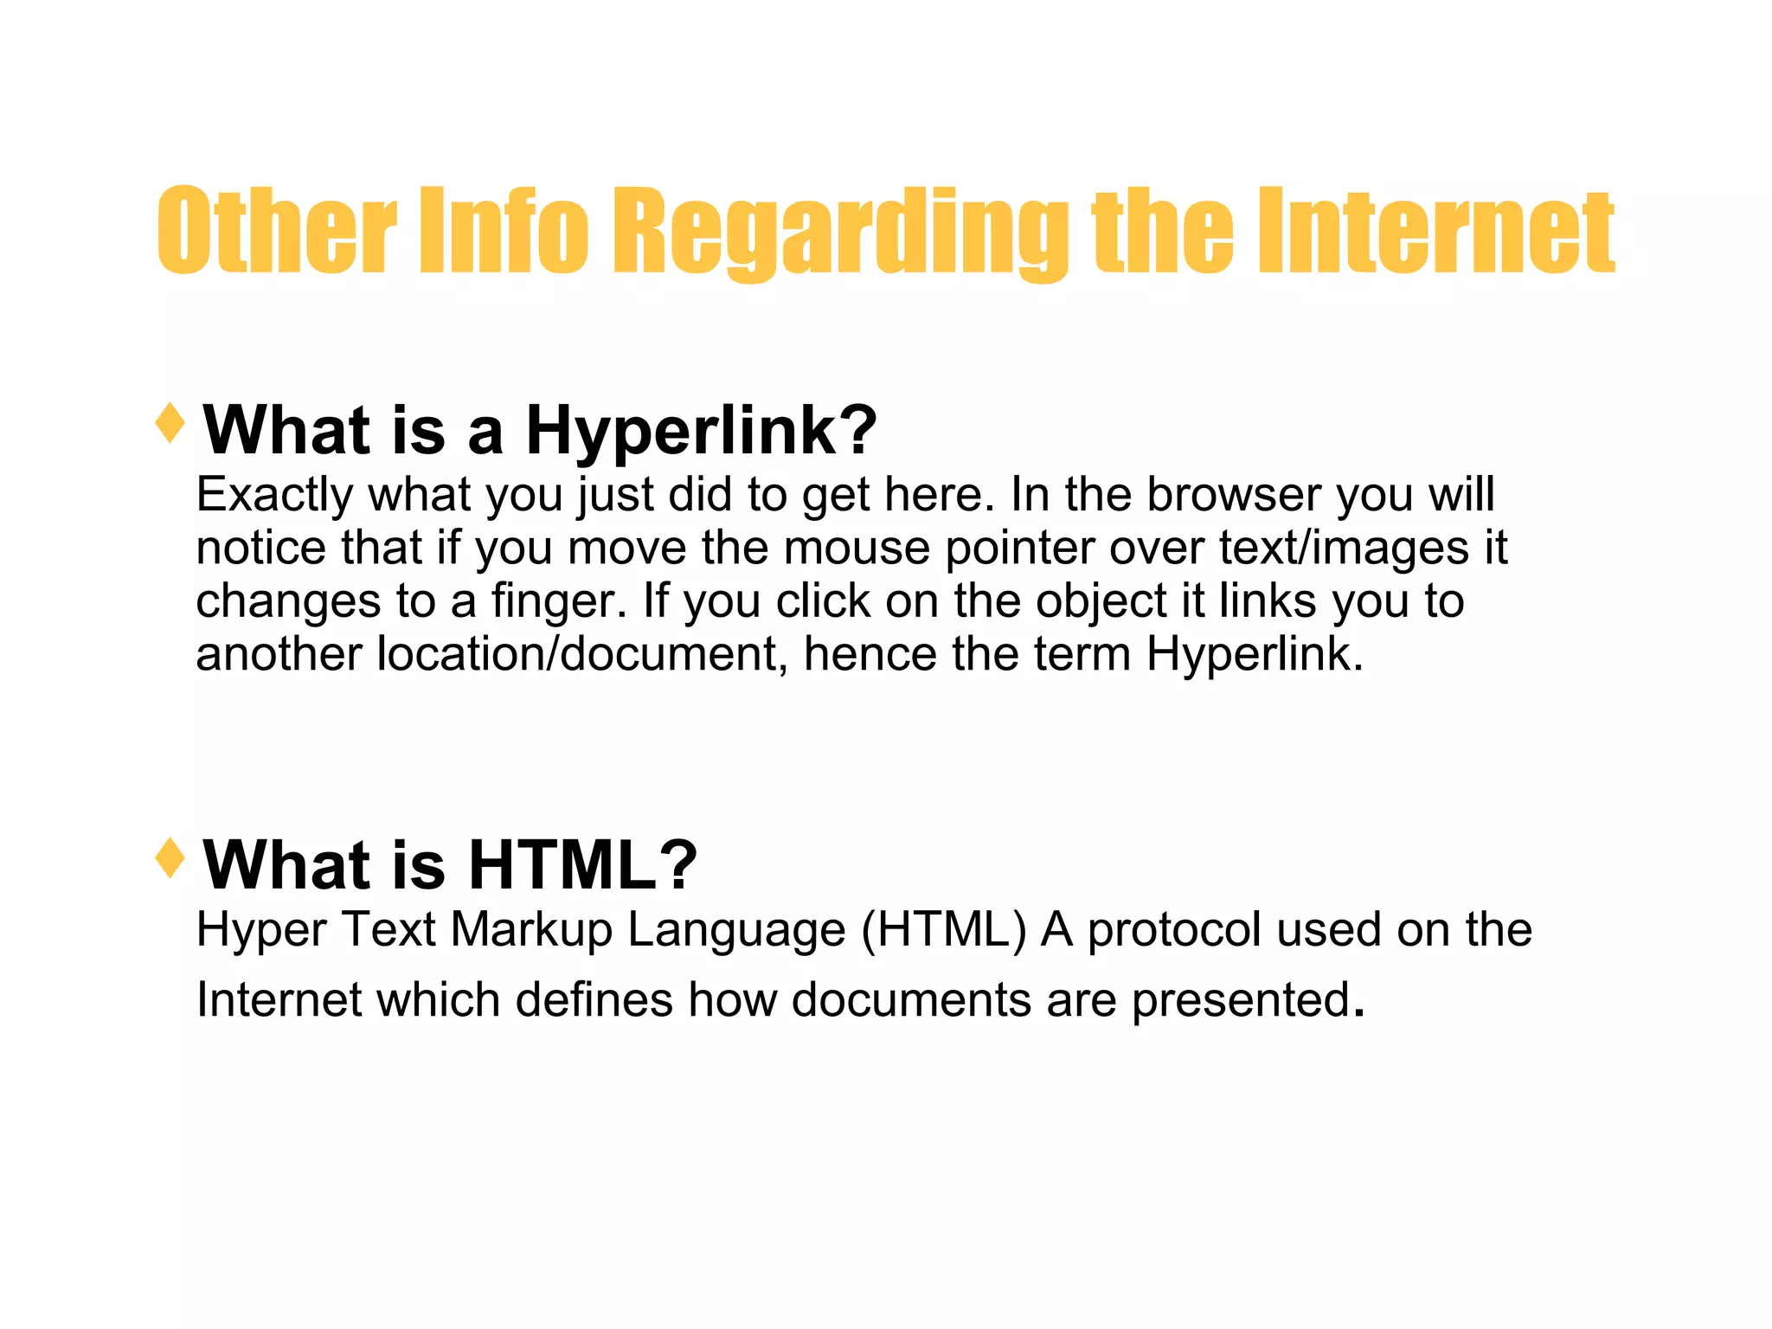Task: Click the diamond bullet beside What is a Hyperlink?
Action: coord(170,423)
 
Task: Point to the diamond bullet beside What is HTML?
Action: coord(170,857)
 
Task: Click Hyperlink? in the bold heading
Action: coord(701,430)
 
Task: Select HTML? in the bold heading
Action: coord(582,864)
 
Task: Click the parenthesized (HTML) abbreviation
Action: coord(944,930)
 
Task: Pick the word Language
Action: coord(736,931)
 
